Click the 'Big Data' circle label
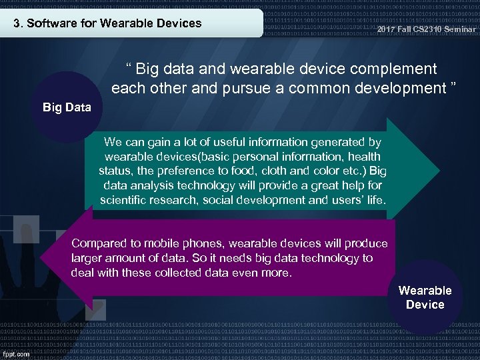pyautogui.click(x=67, y=107)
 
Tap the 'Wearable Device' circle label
pyautogui.click(x=425, y=297)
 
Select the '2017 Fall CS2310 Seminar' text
pyautogui.click(x=427, y=29)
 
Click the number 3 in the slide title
pyautogui.click(x=17, y=23)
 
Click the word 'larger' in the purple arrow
pyautogui.click(x=87, y=258)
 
